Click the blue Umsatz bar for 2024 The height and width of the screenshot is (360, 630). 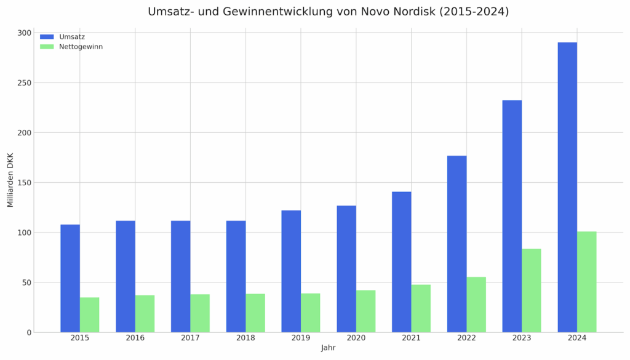[567, 187]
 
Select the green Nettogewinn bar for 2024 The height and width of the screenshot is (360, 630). [587, 282]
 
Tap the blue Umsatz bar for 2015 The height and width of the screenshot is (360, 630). [70, 278]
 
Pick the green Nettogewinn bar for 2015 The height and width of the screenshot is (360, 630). [89, 315]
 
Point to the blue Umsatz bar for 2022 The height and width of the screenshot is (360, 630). [457, 244]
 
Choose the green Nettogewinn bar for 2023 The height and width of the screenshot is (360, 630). [532, 290]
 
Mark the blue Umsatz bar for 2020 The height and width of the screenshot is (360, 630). [346, 269]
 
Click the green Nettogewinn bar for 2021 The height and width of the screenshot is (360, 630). [421, 308]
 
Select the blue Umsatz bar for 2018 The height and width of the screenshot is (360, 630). [236, 276]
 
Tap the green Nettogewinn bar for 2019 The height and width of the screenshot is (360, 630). [311, 313]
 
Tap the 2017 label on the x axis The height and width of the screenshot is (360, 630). [190, 338]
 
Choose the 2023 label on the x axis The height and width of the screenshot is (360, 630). [522, 338]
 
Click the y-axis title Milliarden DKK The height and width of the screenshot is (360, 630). [10, 180]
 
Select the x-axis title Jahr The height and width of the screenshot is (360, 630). [329, 348]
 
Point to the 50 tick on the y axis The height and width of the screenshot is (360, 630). [26, 282]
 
